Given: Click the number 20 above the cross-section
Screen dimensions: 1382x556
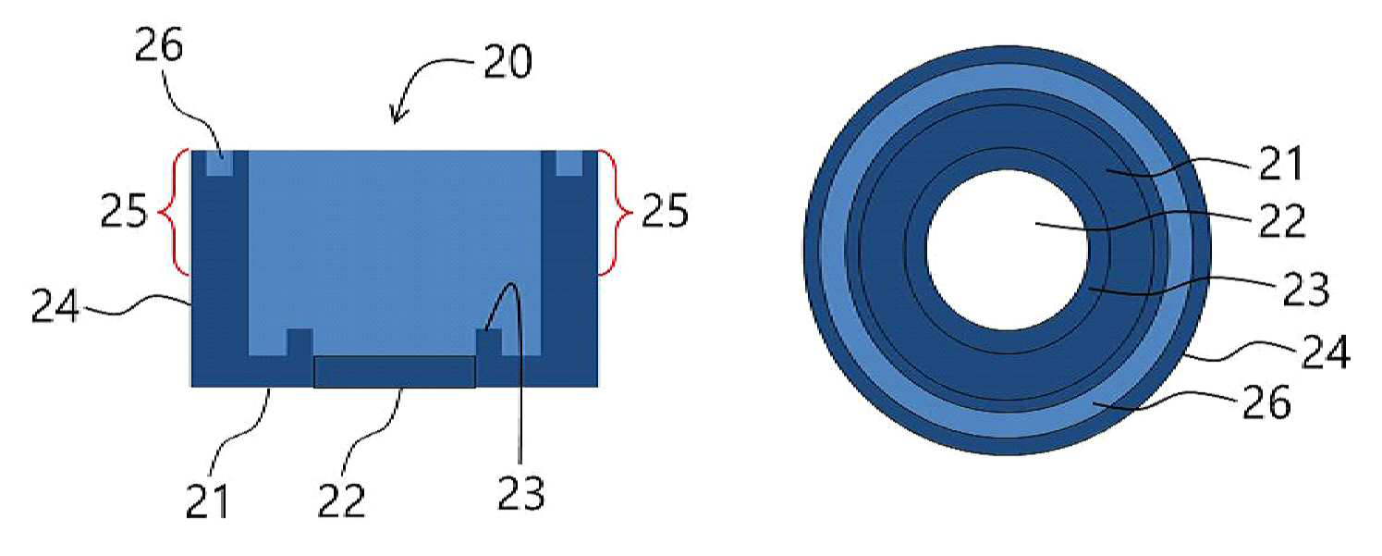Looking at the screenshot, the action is (x=508, y=62).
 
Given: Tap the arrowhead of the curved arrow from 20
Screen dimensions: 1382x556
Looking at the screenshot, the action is (x=397, y=116).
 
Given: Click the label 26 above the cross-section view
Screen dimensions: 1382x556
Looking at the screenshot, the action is (x=159, y=45).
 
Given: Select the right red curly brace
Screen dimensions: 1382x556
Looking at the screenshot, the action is (x=615, y=213).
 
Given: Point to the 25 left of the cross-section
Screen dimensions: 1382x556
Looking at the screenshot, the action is (x=124, y=211).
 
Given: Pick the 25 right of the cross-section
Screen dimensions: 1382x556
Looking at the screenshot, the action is (x=665, y=211).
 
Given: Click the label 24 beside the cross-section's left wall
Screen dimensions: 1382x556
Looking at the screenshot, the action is (x=55, y=306).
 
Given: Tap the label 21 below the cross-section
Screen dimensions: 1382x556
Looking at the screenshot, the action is (x=208, y=501).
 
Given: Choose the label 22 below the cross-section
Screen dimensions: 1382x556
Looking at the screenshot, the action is (x=342, y=501).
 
